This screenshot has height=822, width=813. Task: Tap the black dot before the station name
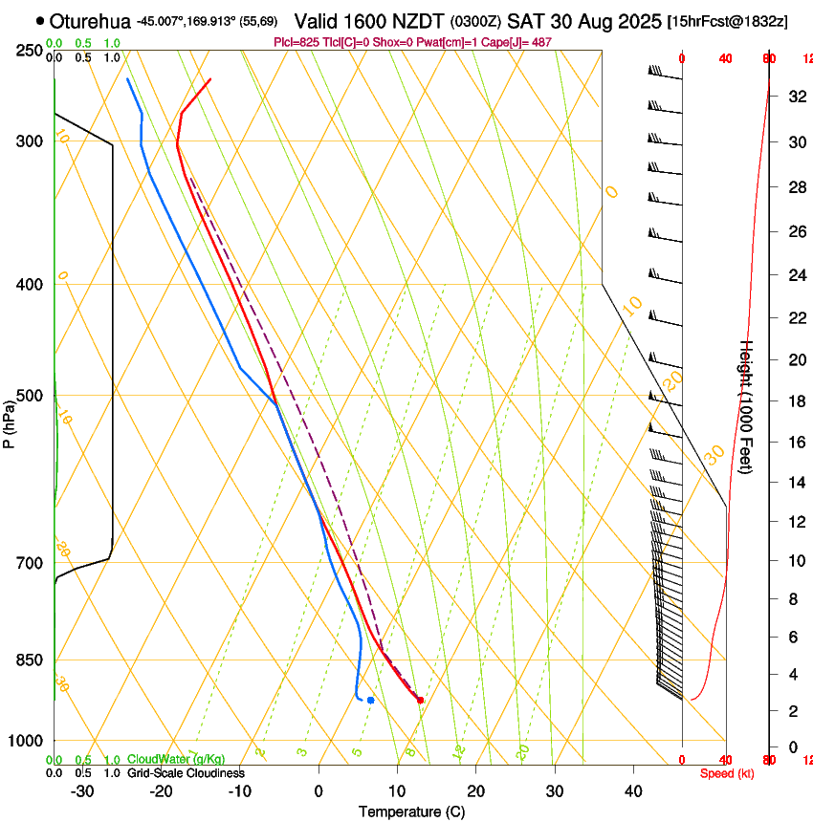pos(39,20)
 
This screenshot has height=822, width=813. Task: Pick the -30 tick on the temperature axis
pos(82,791)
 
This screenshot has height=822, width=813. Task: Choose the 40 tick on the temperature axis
pos(632,791)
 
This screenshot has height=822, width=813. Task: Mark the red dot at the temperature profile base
pos(420,701)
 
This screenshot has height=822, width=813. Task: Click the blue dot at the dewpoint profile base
pos(370,701)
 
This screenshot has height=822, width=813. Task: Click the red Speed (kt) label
pos(727,773)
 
